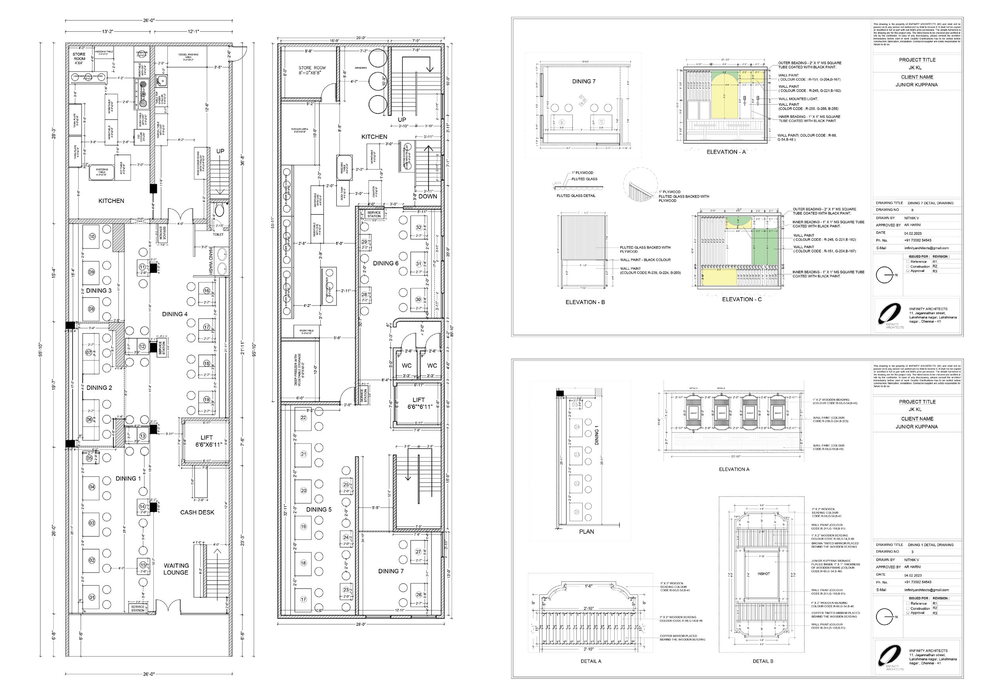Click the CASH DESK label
tap(197, 512)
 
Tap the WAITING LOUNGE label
tap(175, 569)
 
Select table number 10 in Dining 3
tap(91, 237)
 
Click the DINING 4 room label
tap(175, 314)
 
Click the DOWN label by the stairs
tap(428, 196)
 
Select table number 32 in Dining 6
tap(419, 228)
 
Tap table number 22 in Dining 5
tap(304, 418)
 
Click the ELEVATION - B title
tap(585, 302)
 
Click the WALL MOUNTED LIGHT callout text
tap(798, 99)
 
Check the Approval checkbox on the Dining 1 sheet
tap(908, 613)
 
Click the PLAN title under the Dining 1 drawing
tap(586, 531)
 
